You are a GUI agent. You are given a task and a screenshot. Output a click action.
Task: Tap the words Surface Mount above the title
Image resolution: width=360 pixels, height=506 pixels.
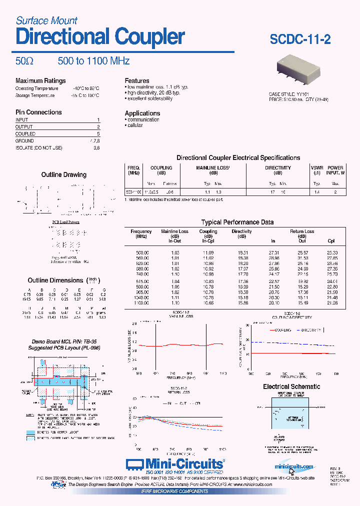coord(46,20)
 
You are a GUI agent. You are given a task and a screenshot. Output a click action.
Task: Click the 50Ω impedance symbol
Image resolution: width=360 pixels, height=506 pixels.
coord(24,61)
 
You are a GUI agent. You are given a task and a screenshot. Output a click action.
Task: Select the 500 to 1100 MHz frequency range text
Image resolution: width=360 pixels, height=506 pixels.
coord(93,61)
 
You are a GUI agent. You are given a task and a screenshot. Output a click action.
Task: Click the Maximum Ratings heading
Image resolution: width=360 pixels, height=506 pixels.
coord(40,80)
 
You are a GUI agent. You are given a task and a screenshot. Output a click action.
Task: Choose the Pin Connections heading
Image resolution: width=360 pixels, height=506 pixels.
coord(38,112)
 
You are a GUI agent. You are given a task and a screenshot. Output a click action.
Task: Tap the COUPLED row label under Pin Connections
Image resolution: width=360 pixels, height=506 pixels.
coord(25,134)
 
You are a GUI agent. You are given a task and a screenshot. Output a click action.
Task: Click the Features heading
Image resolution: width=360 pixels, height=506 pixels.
coord(137,80)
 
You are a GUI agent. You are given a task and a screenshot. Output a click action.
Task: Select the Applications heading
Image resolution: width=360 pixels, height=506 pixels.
coord(142,113)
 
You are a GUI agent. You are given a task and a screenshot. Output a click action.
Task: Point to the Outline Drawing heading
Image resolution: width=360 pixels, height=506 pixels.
coord(63,174)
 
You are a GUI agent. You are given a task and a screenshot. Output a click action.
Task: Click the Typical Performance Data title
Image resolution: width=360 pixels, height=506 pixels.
coord(237,222)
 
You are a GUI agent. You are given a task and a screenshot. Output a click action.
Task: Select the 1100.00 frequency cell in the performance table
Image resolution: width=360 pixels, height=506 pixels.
coord(141,303)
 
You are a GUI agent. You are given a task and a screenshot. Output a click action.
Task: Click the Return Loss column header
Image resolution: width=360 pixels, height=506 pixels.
coord(301,231)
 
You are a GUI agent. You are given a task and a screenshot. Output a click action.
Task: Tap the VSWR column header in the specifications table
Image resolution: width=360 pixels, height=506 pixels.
coord(316,168)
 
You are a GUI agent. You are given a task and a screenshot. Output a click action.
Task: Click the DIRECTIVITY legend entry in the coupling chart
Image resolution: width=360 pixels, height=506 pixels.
coord(311,330)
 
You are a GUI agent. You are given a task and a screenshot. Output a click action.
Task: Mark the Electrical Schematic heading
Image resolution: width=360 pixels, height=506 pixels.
coord(291,386)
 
